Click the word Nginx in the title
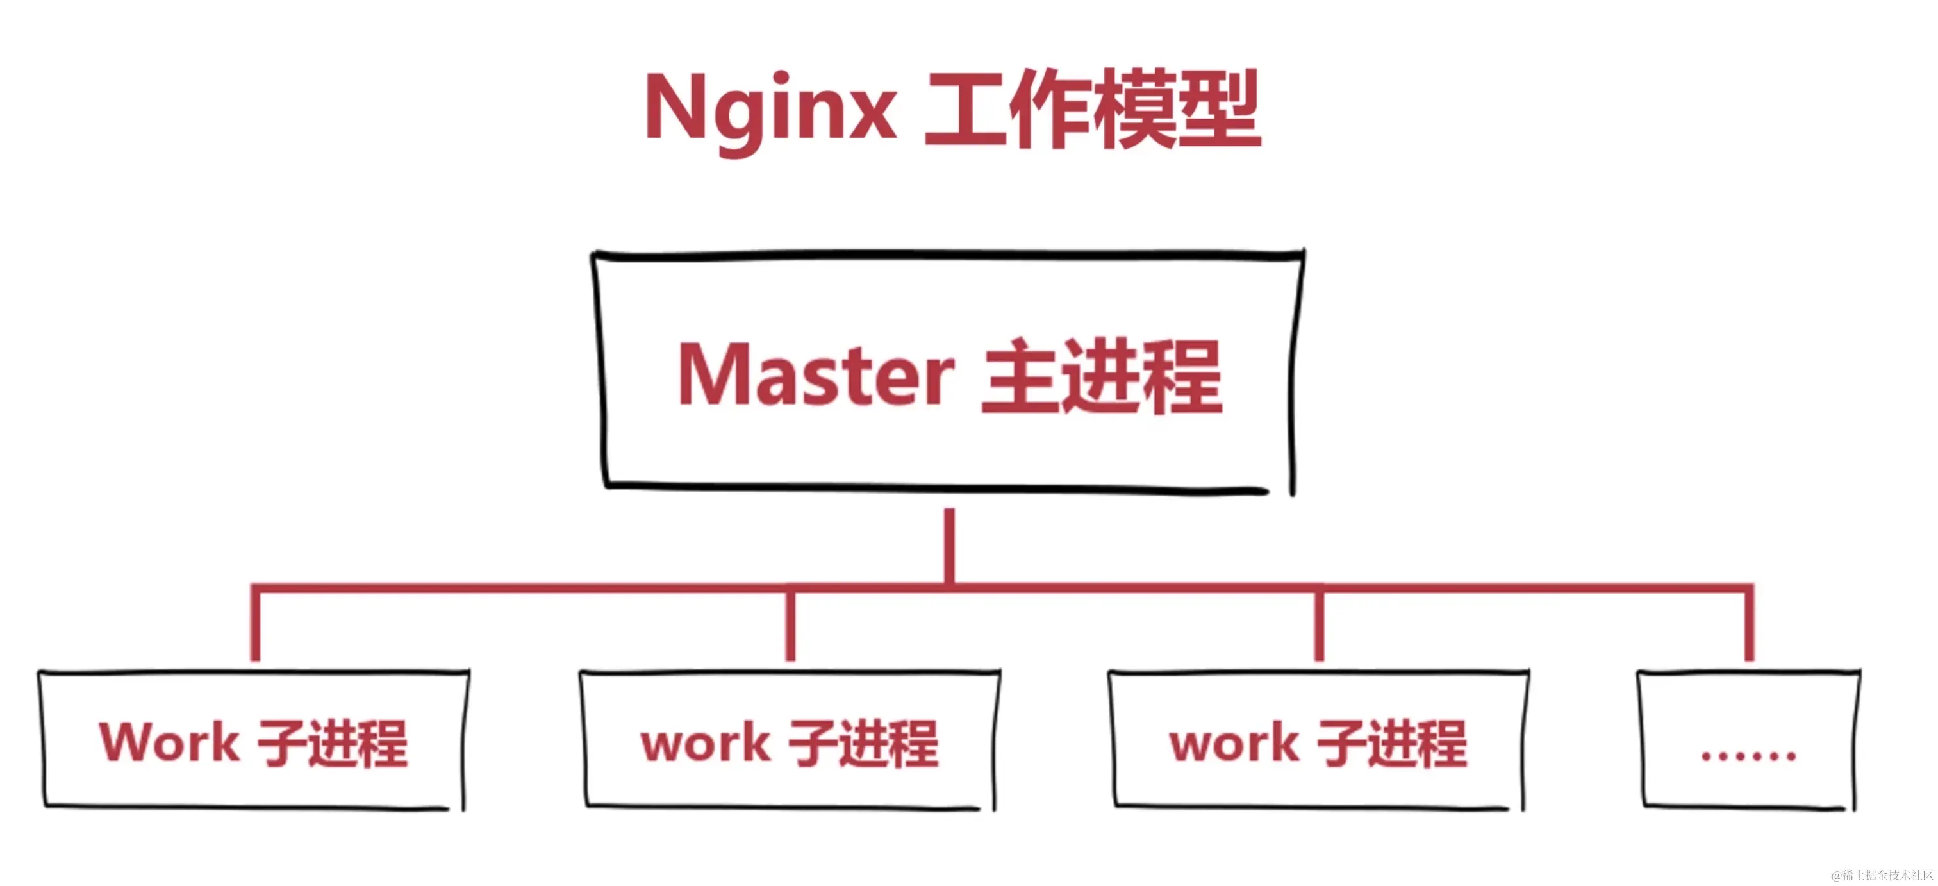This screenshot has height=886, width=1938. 770,110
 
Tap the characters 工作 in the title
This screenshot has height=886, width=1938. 1008,110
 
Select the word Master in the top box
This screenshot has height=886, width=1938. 816,374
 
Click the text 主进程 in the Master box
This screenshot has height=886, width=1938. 1103,376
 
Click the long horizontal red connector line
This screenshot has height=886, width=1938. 602,587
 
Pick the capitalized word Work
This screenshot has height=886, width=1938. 169,743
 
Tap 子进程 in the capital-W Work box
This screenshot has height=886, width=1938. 333,744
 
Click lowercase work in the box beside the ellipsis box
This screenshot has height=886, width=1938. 1234,744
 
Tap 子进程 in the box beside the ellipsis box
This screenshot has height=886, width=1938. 1392,744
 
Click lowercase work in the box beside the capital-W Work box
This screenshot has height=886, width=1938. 705,744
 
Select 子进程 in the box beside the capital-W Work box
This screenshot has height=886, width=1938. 864,744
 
